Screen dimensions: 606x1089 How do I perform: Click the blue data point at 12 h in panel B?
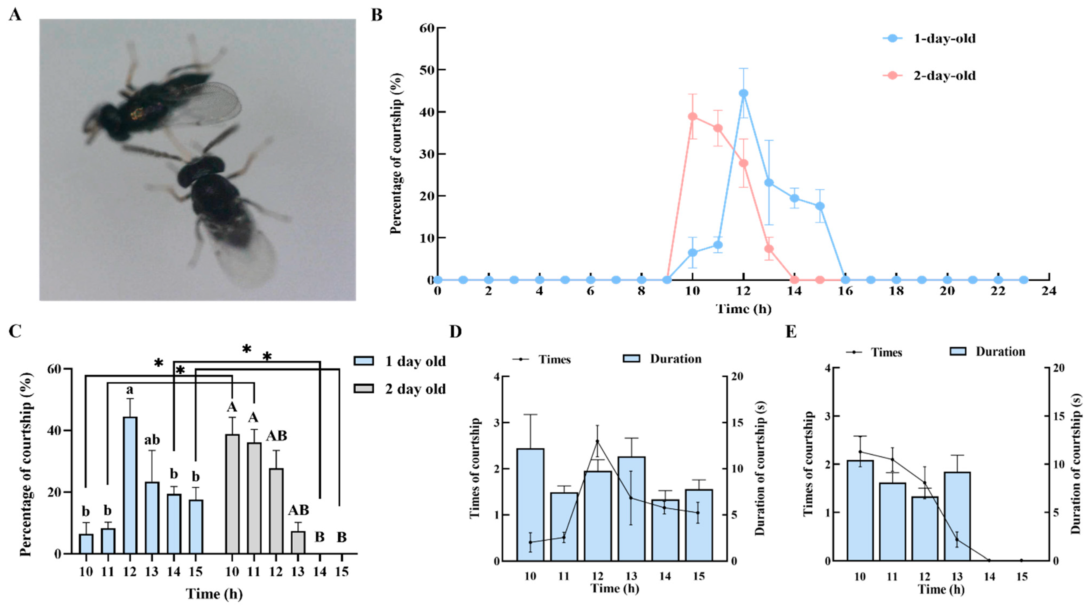click(x=744, y=93)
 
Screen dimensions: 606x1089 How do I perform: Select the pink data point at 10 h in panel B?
click(x=693, y=117)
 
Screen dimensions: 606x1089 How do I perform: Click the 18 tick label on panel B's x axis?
click(x=896, y=291)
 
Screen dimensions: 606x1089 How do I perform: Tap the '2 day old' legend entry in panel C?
click(x=415, y=389)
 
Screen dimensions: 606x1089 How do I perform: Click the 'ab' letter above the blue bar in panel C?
click(x=152, y=440)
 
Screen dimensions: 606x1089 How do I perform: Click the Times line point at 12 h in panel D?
click(x=597, y=441)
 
